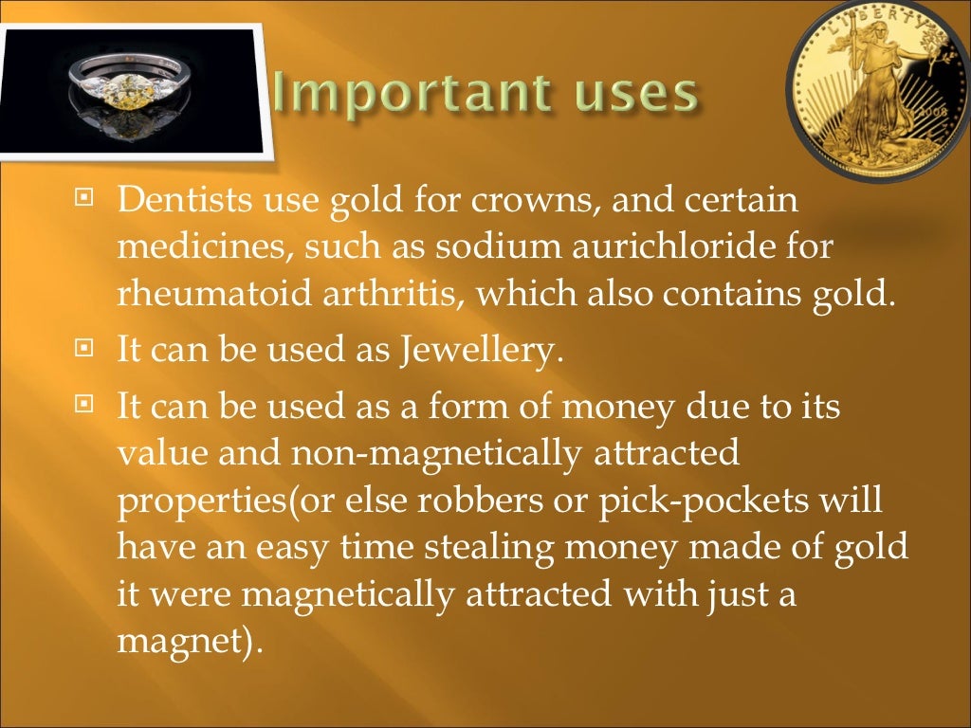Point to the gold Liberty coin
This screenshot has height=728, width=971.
[x=880, y=90]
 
